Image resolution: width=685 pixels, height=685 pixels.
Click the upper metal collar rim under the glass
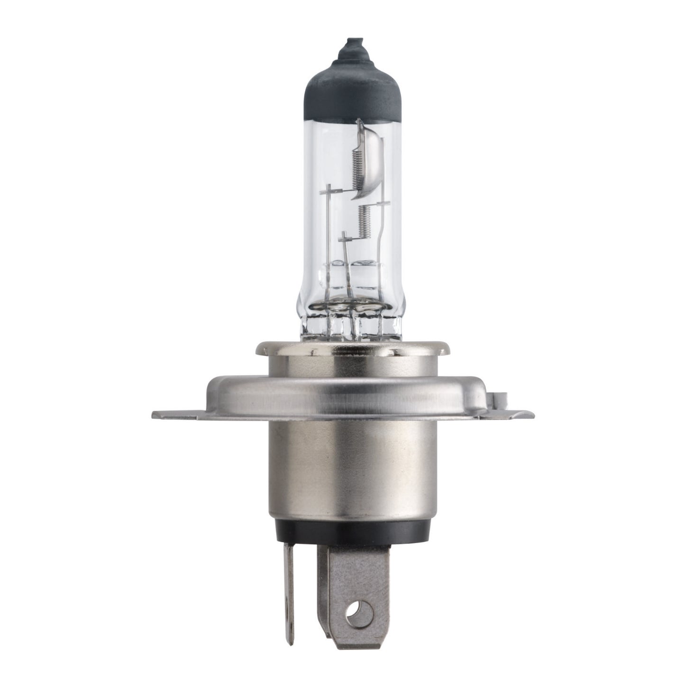pos(351,349)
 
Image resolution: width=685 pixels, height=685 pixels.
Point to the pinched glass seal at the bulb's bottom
pos(351,322)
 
